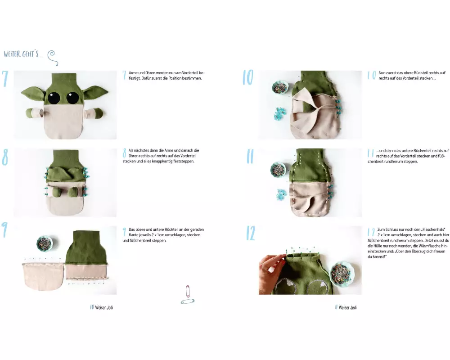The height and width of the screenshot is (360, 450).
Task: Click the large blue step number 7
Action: (5, 79)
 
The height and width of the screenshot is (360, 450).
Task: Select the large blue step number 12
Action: (250, 233)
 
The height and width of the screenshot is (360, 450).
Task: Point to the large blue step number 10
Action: (248, 77)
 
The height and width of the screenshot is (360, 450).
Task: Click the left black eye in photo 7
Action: (54, 98)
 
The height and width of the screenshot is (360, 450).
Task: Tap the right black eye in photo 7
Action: (72, 98)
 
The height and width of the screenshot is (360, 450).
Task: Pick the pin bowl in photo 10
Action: (280, 87)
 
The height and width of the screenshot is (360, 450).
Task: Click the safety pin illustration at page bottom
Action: (187, 295)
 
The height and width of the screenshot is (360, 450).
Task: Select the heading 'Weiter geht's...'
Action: (23, 54)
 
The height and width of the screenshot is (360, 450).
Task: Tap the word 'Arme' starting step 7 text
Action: (133, 73)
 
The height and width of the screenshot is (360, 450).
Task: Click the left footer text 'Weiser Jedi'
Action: (104, 307)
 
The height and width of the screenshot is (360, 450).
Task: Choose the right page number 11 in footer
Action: (336, 307)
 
